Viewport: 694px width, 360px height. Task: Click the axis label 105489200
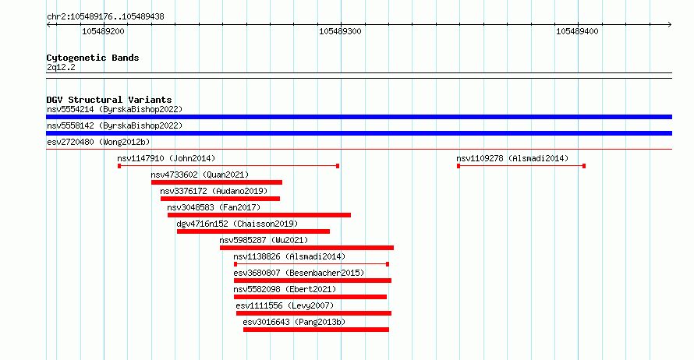coord(103,31)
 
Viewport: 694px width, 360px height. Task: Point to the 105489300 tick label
coord(340,31)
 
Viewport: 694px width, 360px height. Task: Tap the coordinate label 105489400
coord(577,31)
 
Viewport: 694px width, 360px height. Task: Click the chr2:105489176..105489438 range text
coord(105,17)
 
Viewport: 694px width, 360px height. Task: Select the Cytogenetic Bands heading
coord(93,58)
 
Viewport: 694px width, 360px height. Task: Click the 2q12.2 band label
coord(61,67)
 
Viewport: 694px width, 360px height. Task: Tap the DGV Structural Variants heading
coord(109,100)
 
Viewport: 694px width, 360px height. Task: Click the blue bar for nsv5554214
coord(359,117)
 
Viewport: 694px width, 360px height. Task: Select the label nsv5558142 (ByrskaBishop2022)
coord(115,125)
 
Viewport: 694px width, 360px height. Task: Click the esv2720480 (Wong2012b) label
coord(98,142)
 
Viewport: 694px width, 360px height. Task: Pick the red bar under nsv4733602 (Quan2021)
coord(217,182)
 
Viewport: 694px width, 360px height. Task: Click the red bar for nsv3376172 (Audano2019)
coord(220,199)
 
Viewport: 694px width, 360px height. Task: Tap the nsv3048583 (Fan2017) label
coord(214,207)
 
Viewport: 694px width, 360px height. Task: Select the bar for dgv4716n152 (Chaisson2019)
coord(253,231)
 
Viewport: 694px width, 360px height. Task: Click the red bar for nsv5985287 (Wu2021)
coord(306,248)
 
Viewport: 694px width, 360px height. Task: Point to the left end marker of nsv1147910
coord(119,166)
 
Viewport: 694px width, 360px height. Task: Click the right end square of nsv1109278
coord(584,166)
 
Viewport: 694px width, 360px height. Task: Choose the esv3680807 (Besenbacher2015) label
coord(299,273)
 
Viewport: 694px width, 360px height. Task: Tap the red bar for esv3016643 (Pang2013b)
coord(316,330)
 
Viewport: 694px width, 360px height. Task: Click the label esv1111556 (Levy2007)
coord(285,305)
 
